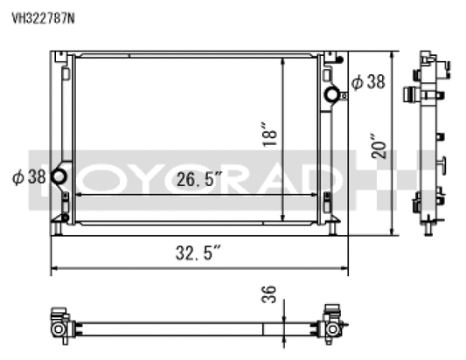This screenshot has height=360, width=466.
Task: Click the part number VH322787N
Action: pyautogui.click(x=43, y=18)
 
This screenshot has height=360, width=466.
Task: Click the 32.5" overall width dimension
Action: pyautogui.click(x=198, y=253)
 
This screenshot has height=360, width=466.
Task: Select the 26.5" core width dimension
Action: pyautogui.click(x=199, y=179)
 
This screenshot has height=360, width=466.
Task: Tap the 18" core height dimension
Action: pyautogui.click(x=270, y=134)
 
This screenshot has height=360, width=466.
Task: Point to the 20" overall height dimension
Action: pyautogui.click(x=379, y=146)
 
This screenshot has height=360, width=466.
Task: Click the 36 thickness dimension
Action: pyautogui.click(x=268, y=294)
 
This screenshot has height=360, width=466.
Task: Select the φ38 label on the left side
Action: pyautogui.click(x=29, y=177)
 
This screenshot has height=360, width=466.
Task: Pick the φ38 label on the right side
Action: pyautogui.click(x=368, y=81)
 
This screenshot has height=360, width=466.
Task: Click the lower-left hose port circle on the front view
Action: pyautogui.click(x=59, y=177)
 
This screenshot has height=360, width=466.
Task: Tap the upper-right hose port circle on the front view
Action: pyautogui.click(x=332, y=94)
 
